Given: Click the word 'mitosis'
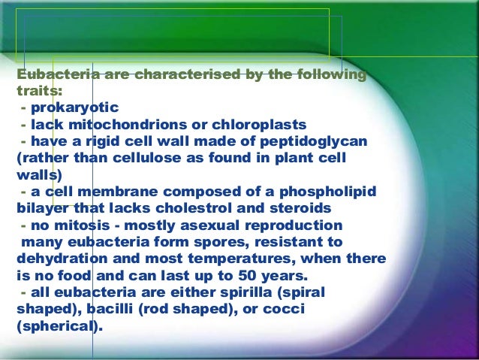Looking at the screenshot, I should pyautogui.click(x=79, y=226).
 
